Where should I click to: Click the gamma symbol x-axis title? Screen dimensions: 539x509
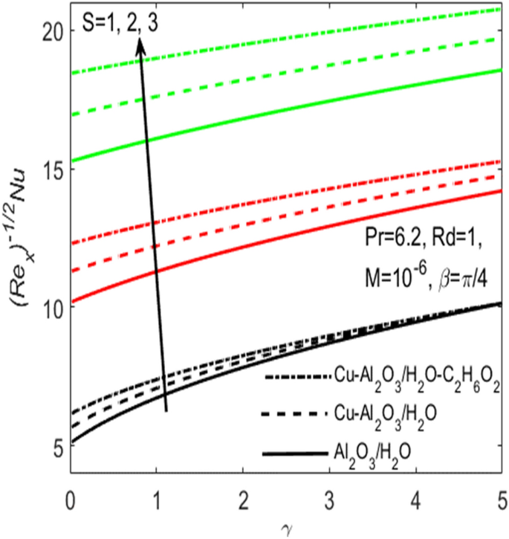click(285, 526)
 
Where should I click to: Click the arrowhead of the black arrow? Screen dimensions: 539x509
click(140, 43)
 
